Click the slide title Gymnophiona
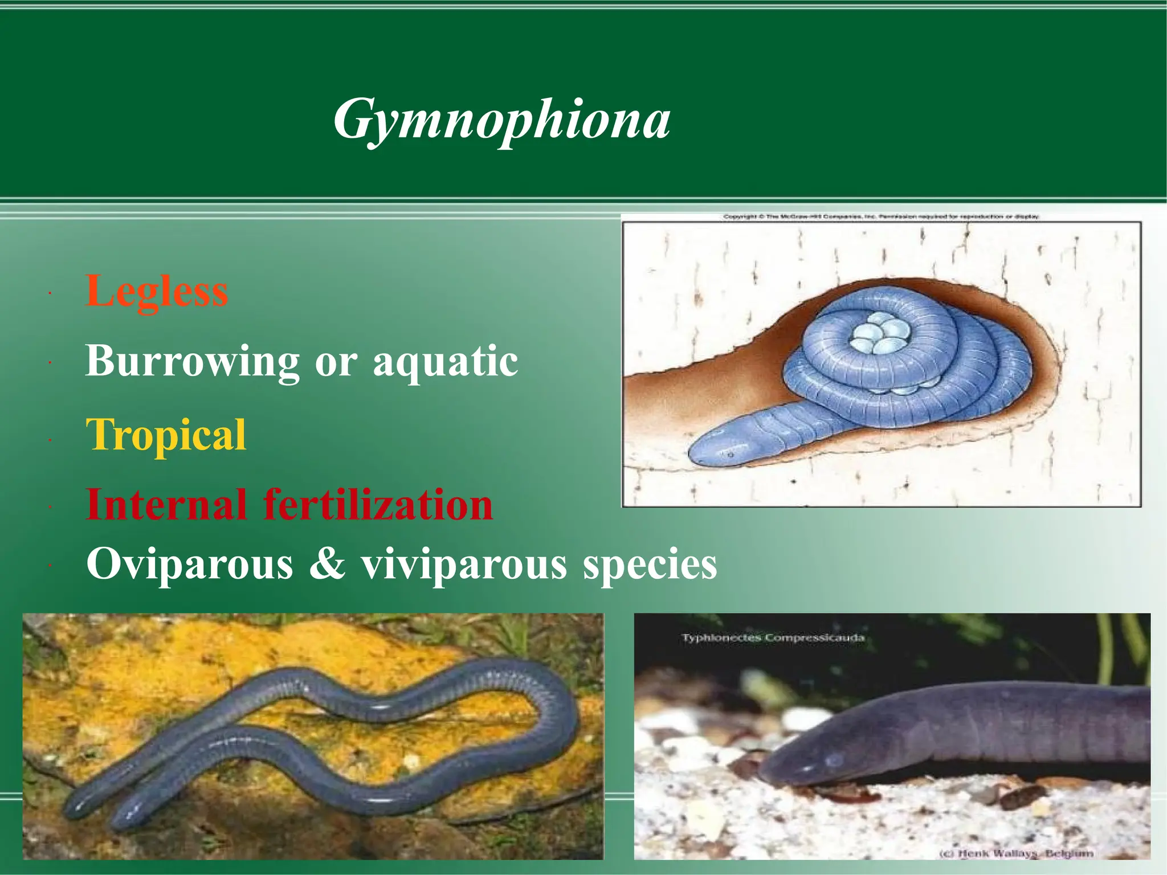[501, 120]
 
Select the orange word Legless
[157, 291]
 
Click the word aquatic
[446, 361]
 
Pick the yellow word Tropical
[166, 434]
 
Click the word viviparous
[464, 564]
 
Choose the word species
[650, 564]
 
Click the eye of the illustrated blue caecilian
[731, 455]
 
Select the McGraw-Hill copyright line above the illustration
[881, 217]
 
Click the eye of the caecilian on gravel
[834, 760]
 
